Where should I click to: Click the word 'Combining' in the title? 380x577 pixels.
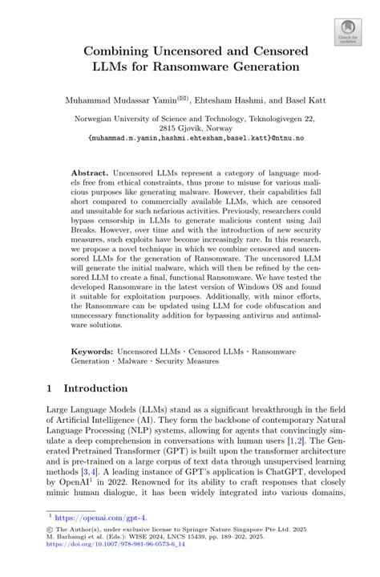point(118,51)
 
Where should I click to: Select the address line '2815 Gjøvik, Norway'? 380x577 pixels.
point(190,128)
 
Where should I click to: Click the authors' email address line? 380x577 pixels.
point(190,138)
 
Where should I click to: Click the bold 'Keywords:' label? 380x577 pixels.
point(94,351)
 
